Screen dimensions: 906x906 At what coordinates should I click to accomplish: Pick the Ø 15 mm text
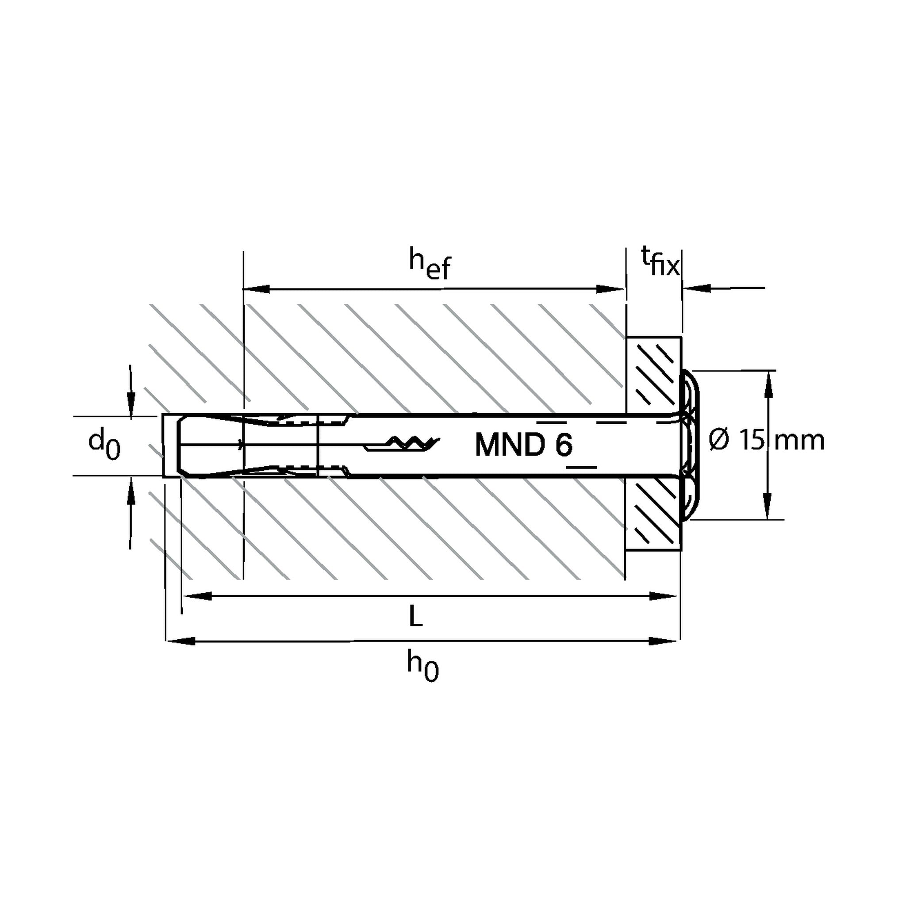pos(766,441)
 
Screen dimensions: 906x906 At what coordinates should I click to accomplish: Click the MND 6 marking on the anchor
pos(524,445)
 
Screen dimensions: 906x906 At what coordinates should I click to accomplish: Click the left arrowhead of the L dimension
pos(197,596)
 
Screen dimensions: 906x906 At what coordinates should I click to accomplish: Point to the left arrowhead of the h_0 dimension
pos(181,641)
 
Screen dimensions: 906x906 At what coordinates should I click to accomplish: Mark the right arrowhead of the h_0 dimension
pos(663,641)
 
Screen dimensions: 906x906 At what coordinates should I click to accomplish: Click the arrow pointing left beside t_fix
pos(724,288)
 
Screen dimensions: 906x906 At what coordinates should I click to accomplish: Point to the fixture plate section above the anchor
pos(654,376)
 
